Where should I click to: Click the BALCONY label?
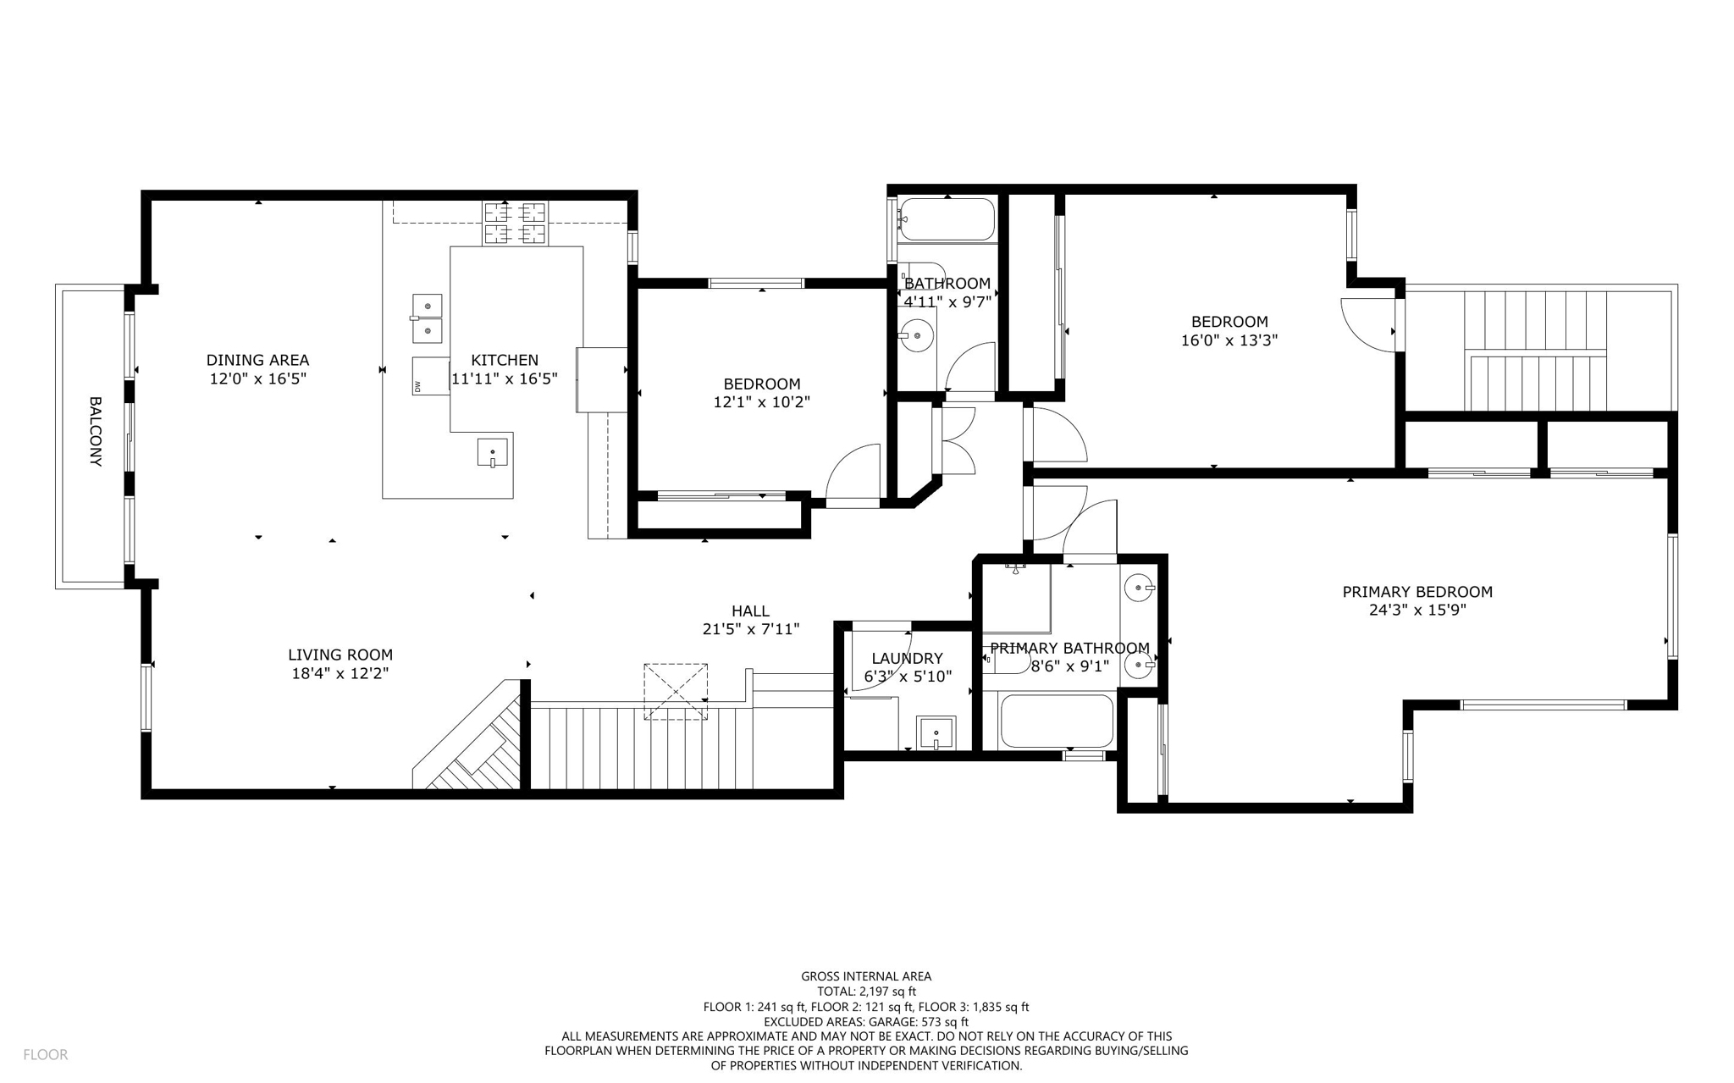click(95, 432)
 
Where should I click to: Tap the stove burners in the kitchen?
click(515, 223)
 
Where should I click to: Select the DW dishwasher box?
click(431, 376)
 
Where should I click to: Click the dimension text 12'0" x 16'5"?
click(257, 378)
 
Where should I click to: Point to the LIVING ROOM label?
click(340, 655)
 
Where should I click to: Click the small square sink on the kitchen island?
click(492, 452)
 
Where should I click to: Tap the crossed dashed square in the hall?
click(676, 692)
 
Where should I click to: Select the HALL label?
click(750, 611)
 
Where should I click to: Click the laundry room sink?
click(936, 732)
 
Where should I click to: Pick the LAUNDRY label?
click(907, 658)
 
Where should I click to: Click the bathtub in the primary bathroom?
click(1056, 721)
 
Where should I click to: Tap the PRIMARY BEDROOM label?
click(1416, 592)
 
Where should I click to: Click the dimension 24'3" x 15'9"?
click(1416, 610)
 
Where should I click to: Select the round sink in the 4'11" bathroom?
click(917, 335)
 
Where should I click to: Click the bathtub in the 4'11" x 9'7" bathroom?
click(947, 219)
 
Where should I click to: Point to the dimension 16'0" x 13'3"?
click(1229, 340)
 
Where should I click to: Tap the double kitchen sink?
click(427, 318)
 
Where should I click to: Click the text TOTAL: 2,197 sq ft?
click(866, 992)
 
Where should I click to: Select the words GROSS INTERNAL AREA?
click(866, 976)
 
